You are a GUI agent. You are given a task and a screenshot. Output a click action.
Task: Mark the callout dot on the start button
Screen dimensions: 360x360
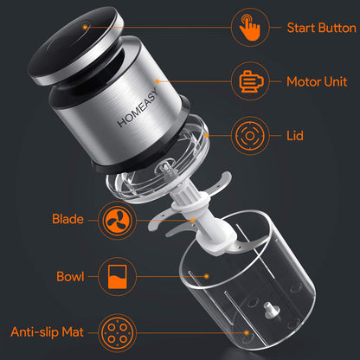click(x=85, y=27)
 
